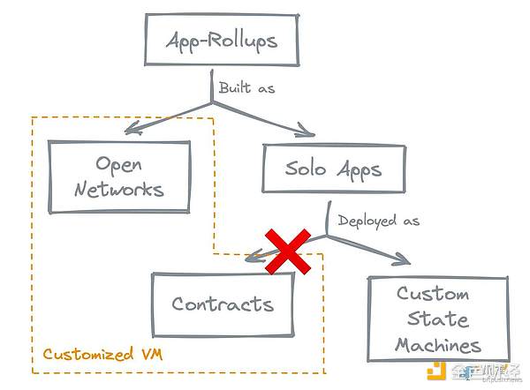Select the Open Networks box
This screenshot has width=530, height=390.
click(119, 176)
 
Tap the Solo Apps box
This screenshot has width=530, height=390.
click(333, 169)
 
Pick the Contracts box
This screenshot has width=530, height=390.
click(223, 304)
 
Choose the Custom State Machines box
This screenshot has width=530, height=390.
click(437, 319)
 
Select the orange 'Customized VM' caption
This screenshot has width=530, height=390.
click(100, 356)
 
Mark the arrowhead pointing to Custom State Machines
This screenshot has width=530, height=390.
click(402, 261)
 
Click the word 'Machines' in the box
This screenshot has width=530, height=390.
click(437, 344)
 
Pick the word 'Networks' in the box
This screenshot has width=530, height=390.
click(119, 190)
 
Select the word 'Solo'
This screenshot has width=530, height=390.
click(306, 169)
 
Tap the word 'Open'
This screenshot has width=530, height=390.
click(120, 164)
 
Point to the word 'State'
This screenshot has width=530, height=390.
click(437, 319)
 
